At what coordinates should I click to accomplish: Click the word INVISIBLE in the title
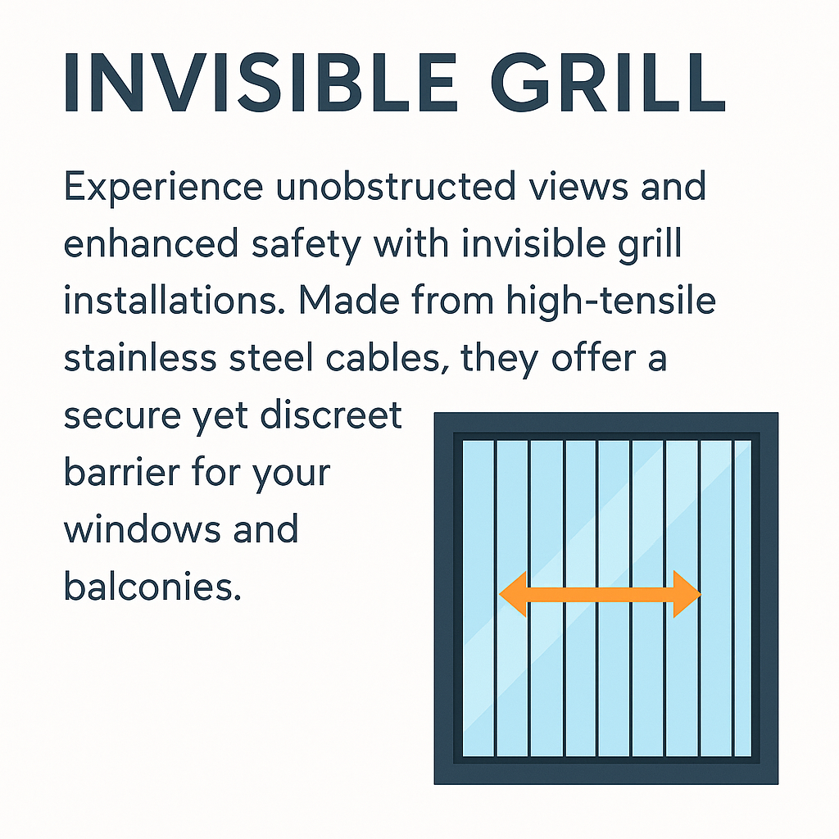[261, 83]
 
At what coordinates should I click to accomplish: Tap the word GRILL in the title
[608, 83]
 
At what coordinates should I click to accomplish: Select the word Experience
[164, 188]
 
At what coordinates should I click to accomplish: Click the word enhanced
[151, 243]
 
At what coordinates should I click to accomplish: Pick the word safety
[306, 245]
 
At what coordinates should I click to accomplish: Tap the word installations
[175, 300]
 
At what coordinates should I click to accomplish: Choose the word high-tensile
[611, 302]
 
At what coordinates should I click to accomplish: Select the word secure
[123, 417]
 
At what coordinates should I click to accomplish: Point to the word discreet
[331, 415]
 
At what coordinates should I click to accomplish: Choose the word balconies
[152, 586]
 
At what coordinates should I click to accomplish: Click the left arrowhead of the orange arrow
[514, 594]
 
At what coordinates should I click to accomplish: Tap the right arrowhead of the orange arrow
[687, 594]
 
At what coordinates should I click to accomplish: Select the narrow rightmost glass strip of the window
[742, 598]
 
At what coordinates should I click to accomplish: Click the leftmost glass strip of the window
[478, 598]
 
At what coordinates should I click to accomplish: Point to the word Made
[349, 300]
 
